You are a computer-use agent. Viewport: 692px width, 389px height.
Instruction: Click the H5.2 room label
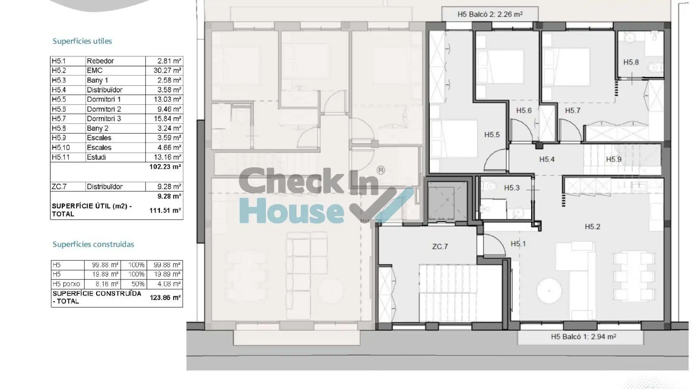592,227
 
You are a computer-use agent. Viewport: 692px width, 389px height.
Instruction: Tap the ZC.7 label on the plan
440,246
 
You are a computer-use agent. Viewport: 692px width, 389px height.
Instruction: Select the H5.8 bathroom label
631,62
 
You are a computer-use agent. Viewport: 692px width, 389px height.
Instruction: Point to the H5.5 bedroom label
492,135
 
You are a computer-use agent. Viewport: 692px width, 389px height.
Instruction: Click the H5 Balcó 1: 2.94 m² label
583,337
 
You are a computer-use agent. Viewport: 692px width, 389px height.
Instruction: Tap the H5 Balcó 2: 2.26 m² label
490,14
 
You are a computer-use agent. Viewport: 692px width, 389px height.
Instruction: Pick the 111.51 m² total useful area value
165,210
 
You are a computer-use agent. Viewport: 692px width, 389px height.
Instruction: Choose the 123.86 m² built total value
165,298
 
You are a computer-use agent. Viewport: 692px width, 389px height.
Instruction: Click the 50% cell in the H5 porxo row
136,284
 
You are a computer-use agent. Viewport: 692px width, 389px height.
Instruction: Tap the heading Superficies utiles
82,41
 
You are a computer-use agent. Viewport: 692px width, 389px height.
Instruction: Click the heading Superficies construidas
93,244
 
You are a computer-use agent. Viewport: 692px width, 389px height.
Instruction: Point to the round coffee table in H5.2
549,290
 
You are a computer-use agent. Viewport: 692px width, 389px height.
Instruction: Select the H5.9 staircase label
613,159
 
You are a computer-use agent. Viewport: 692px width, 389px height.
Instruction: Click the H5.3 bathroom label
512,188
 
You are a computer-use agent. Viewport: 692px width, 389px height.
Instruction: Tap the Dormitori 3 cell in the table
104,119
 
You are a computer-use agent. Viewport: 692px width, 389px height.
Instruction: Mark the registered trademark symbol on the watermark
381,170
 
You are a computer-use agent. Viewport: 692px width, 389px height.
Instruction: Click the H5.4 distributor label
547,159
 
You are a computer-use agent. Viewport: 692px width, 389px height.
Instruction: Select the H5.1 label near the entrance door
518,244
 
